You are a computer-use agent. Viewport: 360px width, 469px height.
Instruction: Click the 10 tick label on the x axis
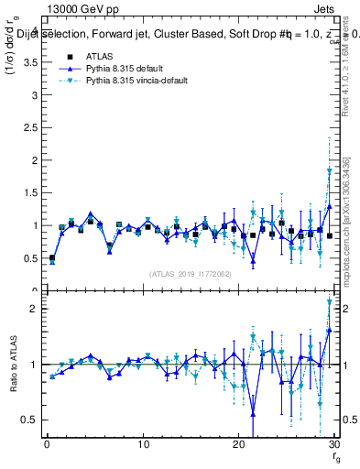point(142,444)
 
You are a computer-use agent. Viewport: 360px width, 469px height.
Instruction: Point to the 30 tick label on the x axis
point(334,444)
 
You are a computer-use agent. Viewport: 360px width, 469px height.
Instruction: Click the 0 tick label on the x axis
point(46,444)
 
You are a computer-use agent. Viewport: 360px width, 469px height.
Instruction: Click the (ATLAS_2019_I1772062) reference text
point(191,274)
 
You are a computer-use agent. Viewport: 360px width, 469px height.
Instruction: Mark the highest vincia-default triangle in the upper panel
point(330,171)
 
